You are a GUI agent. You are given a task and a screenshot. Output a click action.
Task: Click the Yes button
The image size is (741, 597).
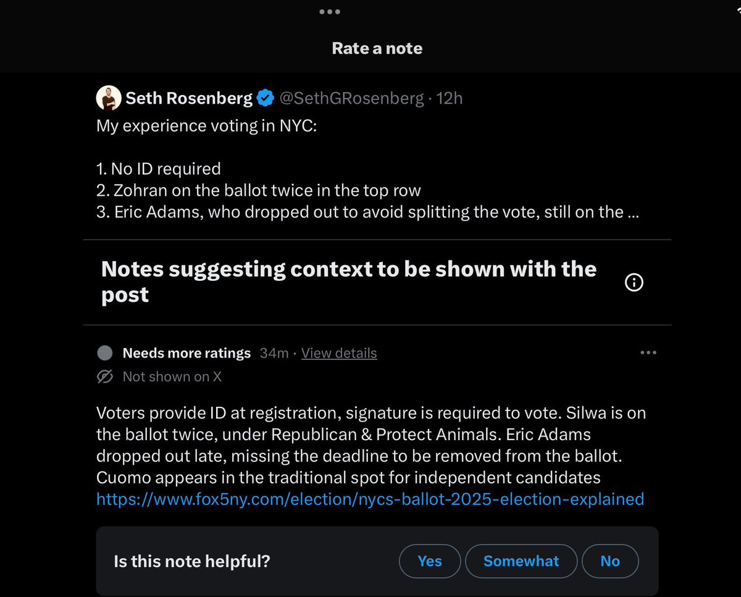430,561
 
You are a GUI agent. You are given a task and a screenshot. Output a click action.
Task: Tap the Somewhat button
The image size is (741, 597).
521,561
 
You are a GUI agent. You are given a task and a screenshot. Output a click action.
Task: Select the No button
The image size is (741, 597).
609,561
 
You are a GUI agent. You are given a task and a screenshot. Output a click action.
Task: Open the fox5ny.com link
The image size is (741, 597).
370,499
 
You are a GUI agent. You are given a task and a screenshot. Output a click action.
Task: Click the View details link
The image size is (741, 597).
339,353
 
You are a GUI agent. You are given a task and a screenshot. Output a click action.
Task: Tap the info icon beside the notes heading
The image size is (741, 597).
634,282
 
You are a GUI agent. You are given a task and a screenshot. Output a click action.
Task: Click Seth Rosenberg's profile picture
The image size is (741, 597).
108,98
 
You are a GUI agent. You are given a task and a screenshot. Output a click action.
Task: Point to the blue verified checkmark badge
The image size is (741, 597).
266,98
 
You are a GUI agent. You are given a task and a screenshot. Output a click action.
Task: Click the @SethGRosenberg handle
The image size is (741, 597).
352,98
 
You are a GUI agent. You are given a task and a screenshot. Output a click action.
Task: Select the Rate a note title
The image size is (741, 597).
377,49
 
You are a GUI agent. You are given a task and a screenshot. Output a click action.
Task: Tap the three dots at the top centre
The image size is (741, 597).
329,12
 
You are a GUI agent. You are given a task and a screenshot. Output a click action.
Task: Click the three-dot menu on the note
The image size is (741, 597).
648,353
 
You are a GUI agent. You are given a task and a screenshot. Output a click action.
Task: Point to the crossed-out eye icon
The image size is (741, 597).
106,377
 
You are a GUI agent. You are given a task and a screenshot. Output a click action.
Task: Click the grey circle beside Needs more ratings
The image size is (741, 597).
106,353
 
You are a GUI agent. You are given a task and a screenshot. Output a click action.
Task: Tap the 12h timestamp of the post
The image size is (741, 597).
450,98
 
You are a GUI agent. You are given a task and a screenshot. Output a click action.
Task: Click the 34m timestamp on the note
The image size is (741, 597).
274,353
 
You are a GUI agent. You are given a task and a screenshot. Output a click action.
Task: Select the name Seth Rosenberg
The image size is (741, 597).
189,98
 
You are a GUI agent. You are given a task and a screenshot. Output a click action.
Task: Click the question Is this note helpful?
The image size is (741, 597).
192,561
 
